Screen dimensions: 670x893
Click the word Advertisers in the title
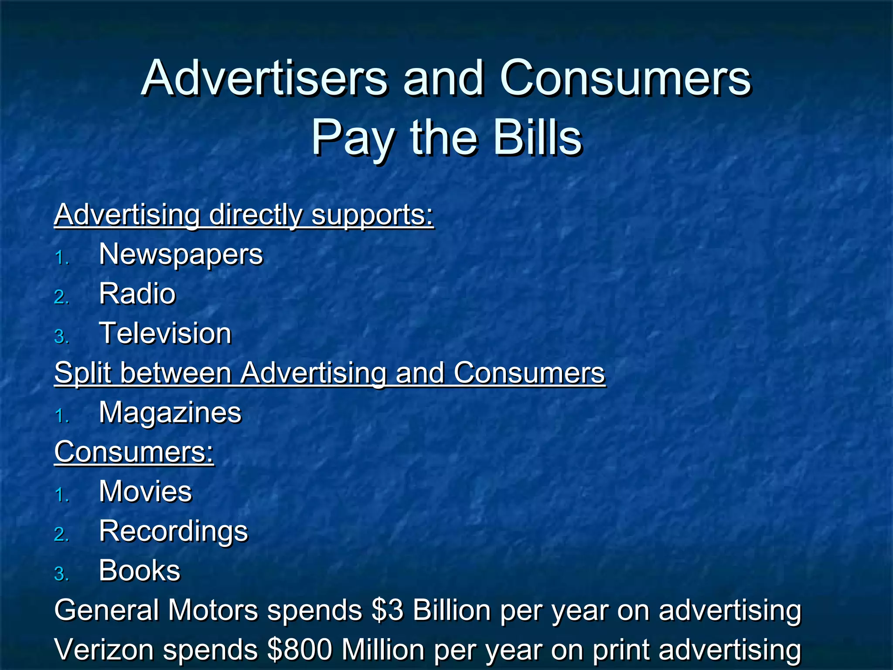(264, 79)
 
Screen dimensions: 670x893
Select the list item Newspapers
(181, 254)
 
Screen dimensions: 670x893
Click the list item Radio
(137, 294)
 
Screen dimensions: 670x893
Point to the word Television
(165, 333)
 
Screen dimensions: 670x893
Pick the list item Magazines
(170, 413)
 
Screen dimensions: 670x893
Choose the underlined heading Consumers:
(134, 452)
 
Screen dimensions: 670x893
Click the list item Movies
(145, 492)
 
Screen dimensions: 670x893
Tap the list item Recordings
(173, 531)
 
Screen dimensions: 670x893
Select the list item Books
(139, 571)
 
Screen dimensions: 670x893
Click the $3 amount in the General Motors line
(388, 610)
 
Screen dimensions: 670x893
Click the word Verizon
(104, 649)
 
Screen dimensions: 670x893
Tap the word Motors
(213, 610)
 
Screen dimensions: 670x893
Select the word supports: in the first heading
(372, 215)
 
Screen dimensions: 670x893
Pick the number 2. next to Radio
(61, 297)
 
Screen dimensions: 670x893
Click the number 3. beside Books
(61, 574)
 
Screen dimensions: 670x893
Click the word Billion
(451, 610)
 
